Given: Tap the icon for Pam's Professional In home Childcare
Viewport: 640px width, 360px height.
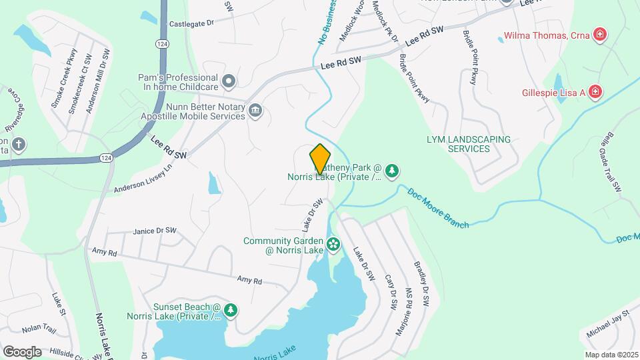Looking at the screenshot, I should (229, 82).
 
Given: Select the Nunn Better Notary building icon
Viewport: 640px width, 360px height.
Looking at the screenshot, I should (255, 111).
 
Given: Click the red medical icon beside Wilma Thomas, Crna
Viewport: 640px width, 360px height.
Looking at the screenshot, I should (600, 35).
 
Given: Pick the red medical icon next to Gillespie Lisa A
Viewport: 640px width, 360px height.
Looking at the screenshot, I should (595, 93).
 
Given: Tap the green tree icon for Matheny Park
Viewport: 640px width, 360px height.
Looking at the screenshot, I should (393, 171).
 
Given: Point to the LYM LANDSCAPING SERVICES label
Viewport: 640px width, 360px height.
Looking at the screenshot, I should (469, 144).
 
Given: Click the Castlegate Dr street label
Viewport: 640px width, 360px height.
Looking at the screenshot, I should (191, 23).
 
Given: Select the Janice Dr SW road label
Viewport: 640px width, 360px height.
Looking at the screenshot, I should (155, 231).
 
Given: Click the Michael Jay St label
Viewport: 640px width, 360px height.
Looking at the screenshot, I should (608, 323).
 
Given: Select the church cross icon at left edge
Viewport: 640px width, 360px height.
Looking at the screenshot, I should (19, 143).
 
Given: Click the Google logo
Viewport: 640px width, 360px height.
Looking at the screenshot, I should (22, 351).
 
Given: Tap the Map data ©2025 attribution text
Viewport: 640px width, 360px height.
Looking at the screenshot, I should (611, 355).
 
